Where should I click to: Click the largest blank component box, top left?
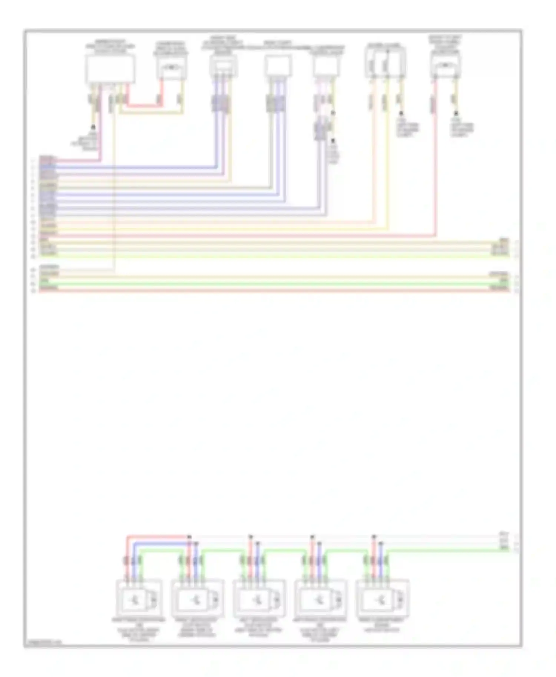[110, 69]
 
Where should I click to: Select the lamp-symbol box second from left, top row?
[171, 68]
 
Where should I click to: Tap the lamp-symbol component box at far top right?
[445, 67]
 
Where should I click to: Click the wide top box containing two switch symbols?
[385, 63]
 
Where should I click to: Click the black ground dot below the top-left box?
[93, 127]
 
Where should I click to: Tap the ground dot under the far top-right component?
[456, 113]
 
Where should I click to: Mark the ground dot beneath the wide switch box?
[401, 113]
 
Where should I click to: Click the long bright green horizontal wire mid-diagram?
[274, 284]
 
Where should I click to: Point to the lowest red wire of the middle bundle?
[274, 290]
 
